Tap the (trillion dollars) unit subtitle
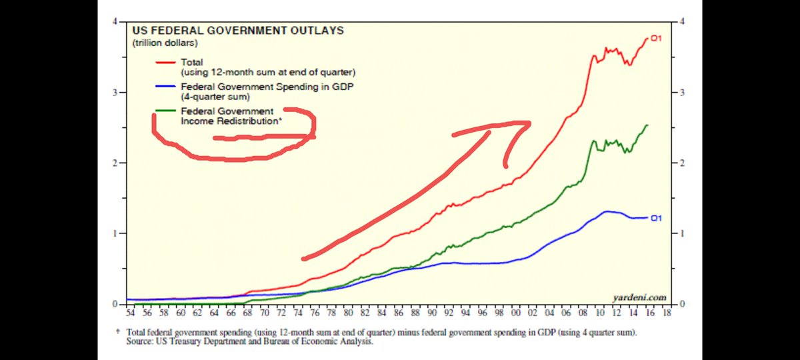[x=164, y=43]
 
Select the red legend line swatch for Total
[x=166, y=61]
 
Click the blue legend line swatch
[x=166, y=87]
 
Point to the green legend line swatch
[x=166, y=111]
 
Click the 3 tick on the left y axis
[x=115, y=93]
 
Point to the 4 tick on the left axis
[x=115, y=22]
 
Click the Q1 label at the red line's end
[x=655, y=39]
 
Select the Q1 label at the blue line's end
[x=655, y=217]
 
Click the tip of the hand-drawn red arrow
[x=530, y=122]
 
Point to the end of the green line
[x=647, y=125]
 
